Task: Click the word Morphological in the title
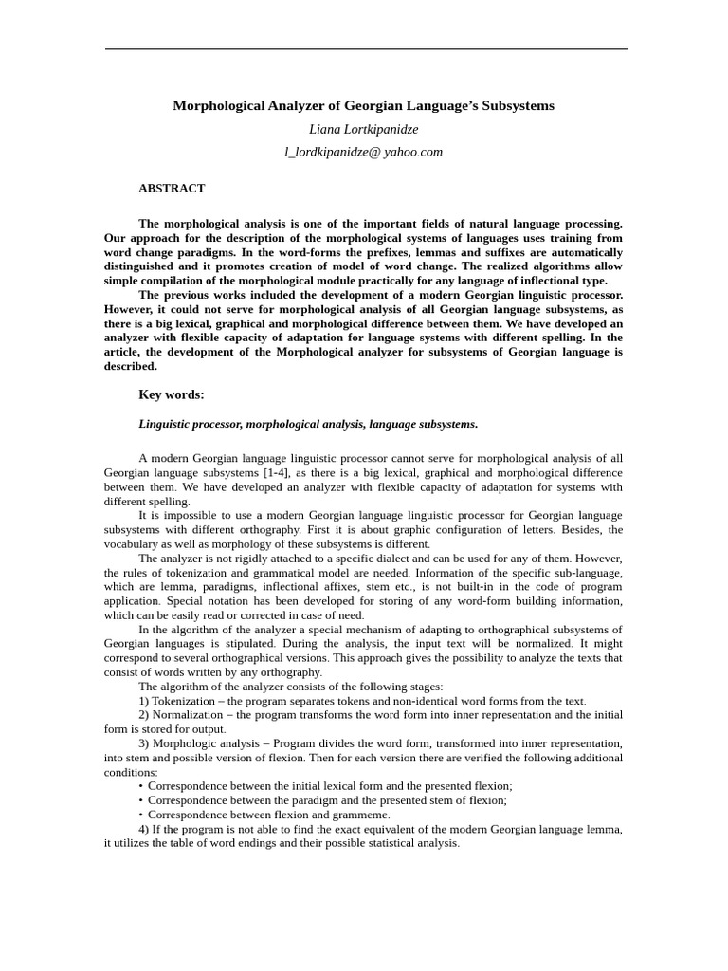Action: pyautogui.click(x=218, y=106)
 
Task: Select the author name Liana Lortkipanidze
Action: pyautogui.click(x=364, y=129)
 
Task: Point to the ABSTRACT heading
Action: pyautogui.click(x=172, y=189)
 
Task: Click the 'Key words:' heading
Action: pyautogui.click(x=172, y=394)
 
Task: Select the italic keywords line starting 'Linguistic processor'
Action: pyautogui.click(x=308, y=424)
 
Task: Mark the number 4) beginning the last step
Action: pyautogui.click(x=144, y=829)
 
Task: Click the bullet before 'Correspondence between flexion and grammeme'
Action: pyautogui.click(x=141, y=815)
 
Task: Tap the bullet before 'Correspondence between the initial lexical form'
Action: pyautogui.click(x=141, y=786)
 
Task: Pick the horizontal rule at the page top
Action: pyautogui.click(x=366, y=49)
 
